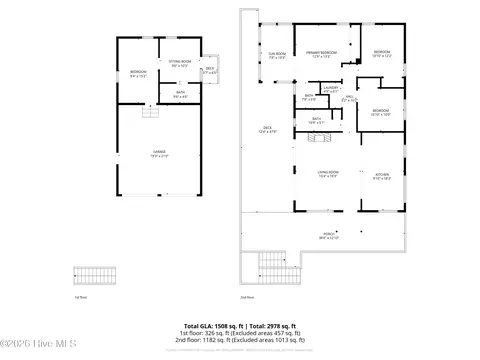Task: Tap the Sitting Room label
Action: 180,64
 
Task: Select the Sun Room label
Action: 277,56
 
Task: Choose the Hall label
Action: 349,100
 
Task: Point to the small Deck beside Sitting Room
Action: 209,71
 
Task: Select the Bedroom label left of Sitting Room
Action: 138,73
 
